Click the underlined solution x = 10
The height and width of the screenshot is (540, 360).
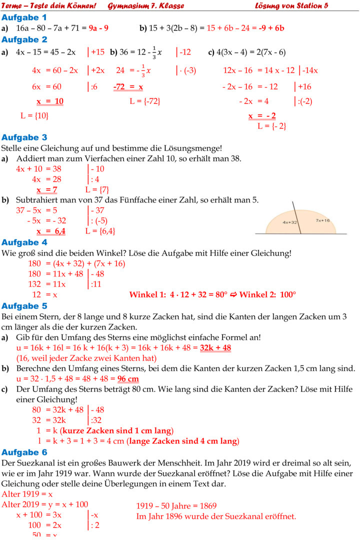point(50,101)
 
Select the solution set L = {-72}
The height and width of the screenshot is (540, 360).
point(144,101)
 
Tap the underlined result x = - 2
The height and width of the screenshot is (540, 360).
point(262,116)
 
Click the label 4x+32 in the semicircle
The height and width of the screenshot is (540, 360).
point(290,222)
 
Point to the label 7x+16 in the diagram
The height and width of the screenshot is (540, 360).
point(322,220)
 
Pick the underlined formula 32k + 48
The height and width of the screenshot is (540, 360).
point(215,348)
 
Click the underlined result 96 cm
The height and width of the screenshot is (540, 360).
point(128,378)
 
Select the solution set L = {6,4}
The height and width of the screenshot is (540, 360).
point(100,231)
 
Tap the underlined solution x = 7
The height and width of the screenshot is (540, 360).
point(47,189)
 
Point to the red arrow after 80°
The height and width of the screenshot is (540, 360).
point(233,294)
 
